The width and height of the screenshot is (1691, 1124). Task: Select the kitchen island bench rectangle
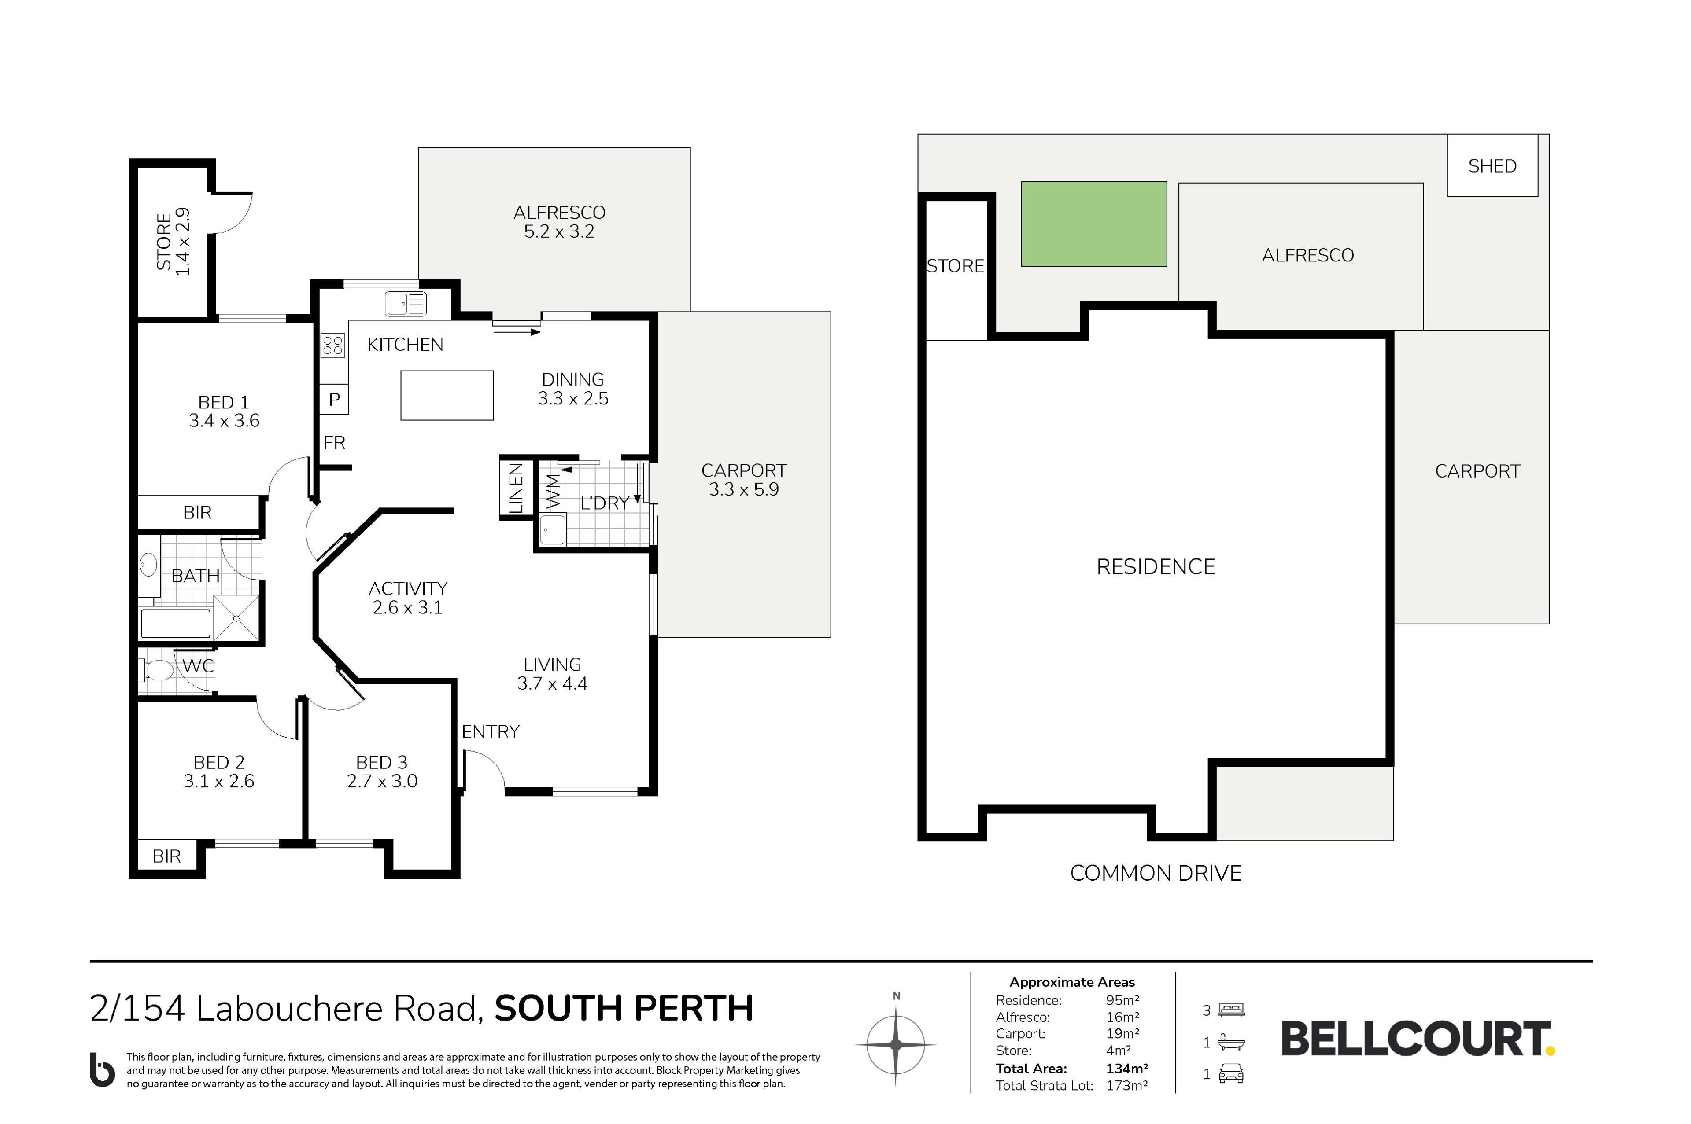(447, 395)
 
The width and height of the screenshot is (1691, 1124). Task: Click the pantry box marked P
(334, 399)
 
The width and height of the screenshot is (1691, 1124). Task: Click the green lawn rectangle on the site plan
(1093, 224)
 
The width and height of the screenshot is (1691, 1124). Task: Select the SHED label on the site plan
(1492, 166)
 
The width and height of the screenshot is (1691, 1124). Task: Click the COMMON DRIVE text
(1156, 873)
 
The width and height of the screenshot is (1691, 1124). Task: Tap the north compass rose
(896, 1044)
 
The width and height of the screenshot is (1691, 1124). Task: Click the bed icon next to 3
(1231, 1010)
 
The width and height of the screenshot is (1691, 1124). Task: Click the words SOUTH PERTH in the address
(624, 1009)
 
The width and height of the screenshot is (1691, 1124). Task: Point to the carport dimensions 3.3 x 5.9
(744, 489)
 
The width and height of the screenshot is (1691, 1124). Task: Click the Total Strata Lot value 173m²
(1126, 1085)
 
